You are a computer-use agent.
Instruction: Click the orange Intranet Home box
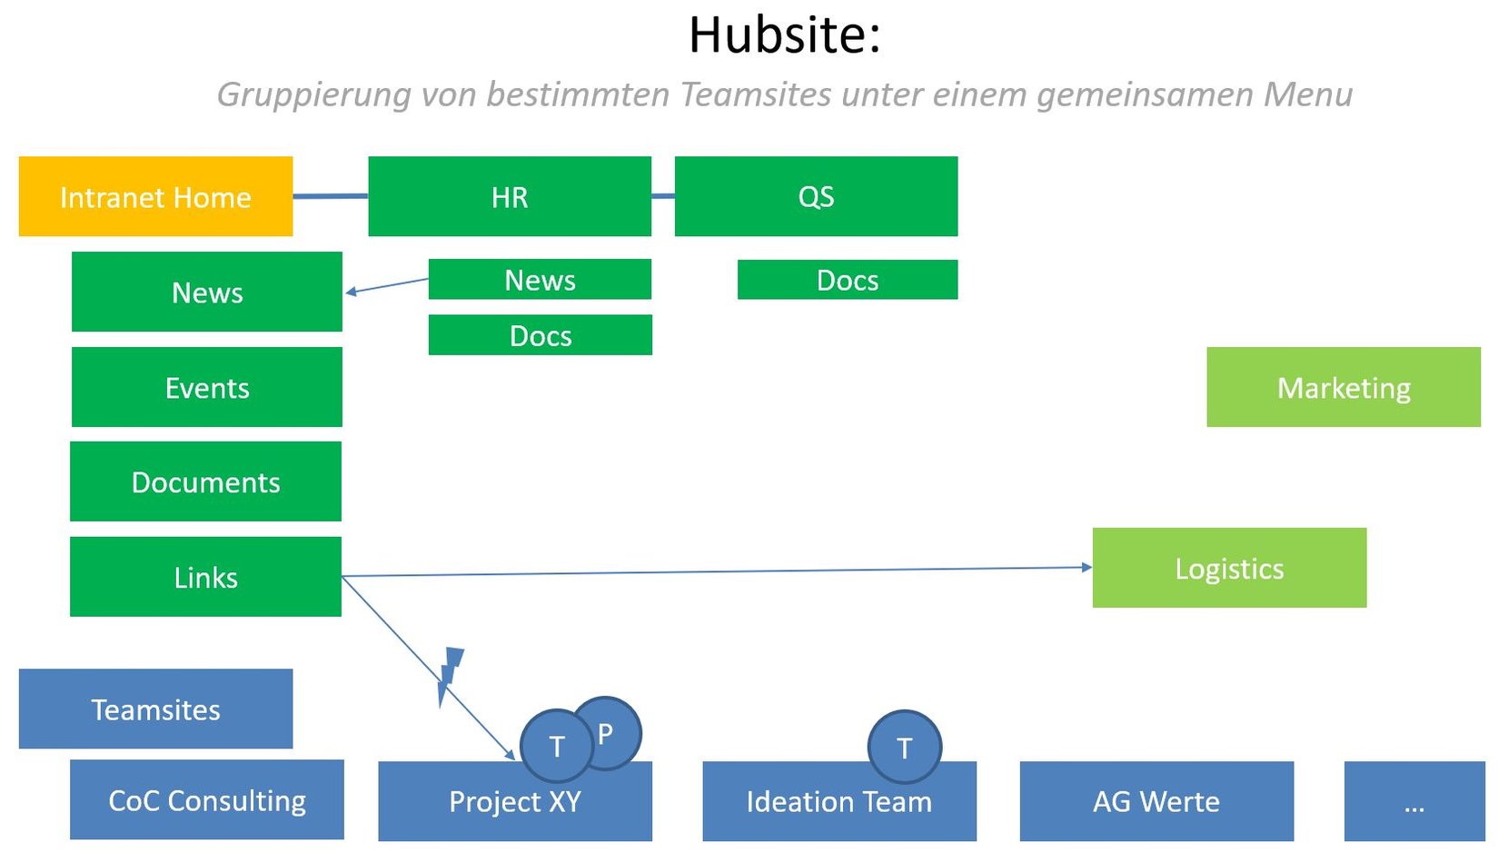click(x=155, y=196)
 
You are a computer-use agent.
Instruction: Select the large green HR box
click(x=509, y=196)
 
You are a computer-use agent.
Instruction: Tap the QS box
click(x=816, y=196)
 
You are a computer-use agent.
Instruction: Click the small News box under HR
click(x=540, y=280)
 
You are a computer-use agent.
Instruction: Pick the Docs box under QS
click(x=847, y=280)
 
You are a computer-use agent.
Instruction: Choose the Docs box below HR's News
click(x=540, y=335)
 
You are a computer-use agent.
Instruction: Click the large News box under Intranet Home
click(x=207, y=292)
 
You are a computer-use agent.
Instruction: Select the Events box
click(x=207, y=387)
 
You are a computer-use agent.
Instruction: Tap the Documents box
click(x=205, y=481)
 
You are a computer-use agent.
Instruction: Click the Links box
click(x=205, y=577)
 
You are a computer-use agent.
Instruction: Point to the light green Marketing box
click(x=1343, y=387)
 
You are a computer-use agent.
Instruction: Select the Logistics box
click(x=1228, y=568)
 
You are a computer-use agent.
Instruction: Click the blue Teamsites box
click(x=155, y=709)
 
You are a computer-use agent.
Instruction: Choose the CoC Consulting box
click(x=207, y=799)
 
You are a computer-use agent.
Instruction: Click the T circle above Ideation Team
click(x=904, y=747)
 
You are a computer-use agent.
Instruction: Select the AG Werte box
click(x=1156, y=801)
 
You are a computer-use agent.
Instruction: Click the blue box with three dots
click(x=1414, y=801)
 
